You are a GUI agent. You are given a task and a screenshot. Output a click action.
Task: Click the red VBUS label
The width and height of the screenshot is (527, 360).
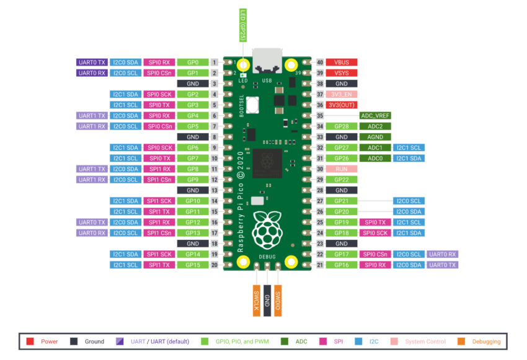[342, 63]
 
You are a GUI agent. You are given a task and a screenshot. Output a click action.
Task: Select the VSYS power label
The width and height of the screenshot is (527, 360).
[342, 73]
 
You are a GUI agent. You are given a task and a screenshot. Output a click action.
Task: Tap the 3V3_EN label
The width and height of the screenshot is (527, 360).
[342, 94]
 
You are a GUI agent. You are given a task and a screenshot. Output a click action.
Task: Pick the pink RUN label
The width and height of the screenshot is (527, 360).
[342, 169]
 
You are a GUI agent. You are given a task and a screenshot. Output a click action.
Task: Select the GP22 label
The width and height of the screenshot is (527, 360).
[342, 180]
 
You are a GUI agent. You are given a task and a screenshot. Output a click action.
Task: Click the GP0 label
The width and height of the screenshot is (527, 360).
[193, 63]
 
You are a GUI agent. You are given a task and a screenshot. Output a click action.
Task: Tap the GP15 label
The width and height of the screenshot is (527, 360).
[193, 265]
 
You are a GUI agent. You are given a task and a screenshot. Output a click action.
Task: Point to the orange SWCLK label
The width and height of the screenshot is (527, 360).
[257, 301]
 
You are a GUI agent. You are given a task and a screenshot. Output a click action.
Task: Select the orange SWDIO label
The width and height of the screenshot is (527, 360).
[278, 301]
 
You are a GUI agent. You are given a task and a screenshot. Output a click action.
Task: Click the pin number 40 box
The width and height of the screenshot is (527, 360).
[320, 63]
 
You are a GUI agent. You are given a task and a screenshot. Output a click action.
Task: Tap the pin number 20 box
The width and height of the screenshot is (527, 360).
[214, 265]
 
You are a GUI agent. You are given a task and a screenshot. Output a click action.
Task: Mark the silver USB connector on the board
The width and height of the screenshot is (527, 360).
[267, 61]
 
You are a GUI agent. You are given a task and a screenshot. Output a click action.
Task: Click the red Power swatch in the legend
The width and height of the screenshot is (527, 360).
[30, 341]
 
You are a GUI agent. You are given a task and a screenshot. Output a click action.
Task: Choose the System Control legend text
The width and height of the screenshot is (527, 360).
[425, 341]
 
